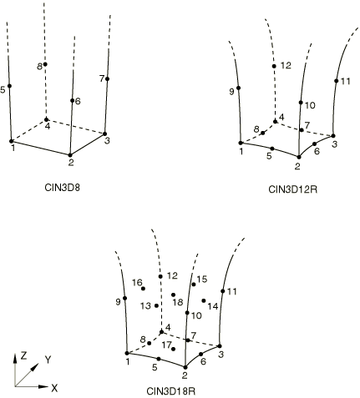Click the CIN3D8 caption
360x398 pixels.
coord(62,188)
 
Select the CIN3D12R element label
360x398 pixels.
coord(292,189)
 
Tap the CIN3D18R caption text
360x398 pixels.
coord(170,391)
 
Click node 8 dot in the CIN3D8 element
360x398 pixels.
coord(45,64)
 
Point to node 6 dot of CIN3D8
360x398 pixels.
coord(72,100)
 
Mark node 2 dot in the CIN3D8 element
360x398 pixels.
coord(70,155)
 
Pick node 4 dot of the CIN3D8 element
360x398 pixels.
coord(46,119)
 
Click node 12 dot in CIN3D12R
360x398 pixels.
coord(274,66)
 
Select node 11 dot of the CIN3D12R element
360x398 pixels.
coord(337,81)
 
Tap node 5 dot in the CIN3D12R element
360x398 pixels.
coord(272,149)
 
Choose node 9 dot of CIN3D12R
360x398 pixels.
coord(238,88)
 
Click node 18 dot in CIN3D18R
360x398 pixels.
coord(174,295)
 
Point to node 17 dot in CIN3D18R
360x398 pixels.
coord(174,349)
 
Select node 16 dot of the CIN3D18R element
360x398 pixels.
coord(143,289)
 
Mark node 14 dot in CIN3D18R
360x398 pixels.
coord(204,300)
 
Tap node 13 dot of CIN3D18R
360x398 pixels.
coord(156,305)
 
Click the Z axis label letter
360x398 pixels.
coord(24,355)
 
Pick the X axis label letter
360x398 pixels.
coord(54,388)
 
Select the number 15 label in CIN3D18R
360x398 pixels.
coord(202,279)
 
